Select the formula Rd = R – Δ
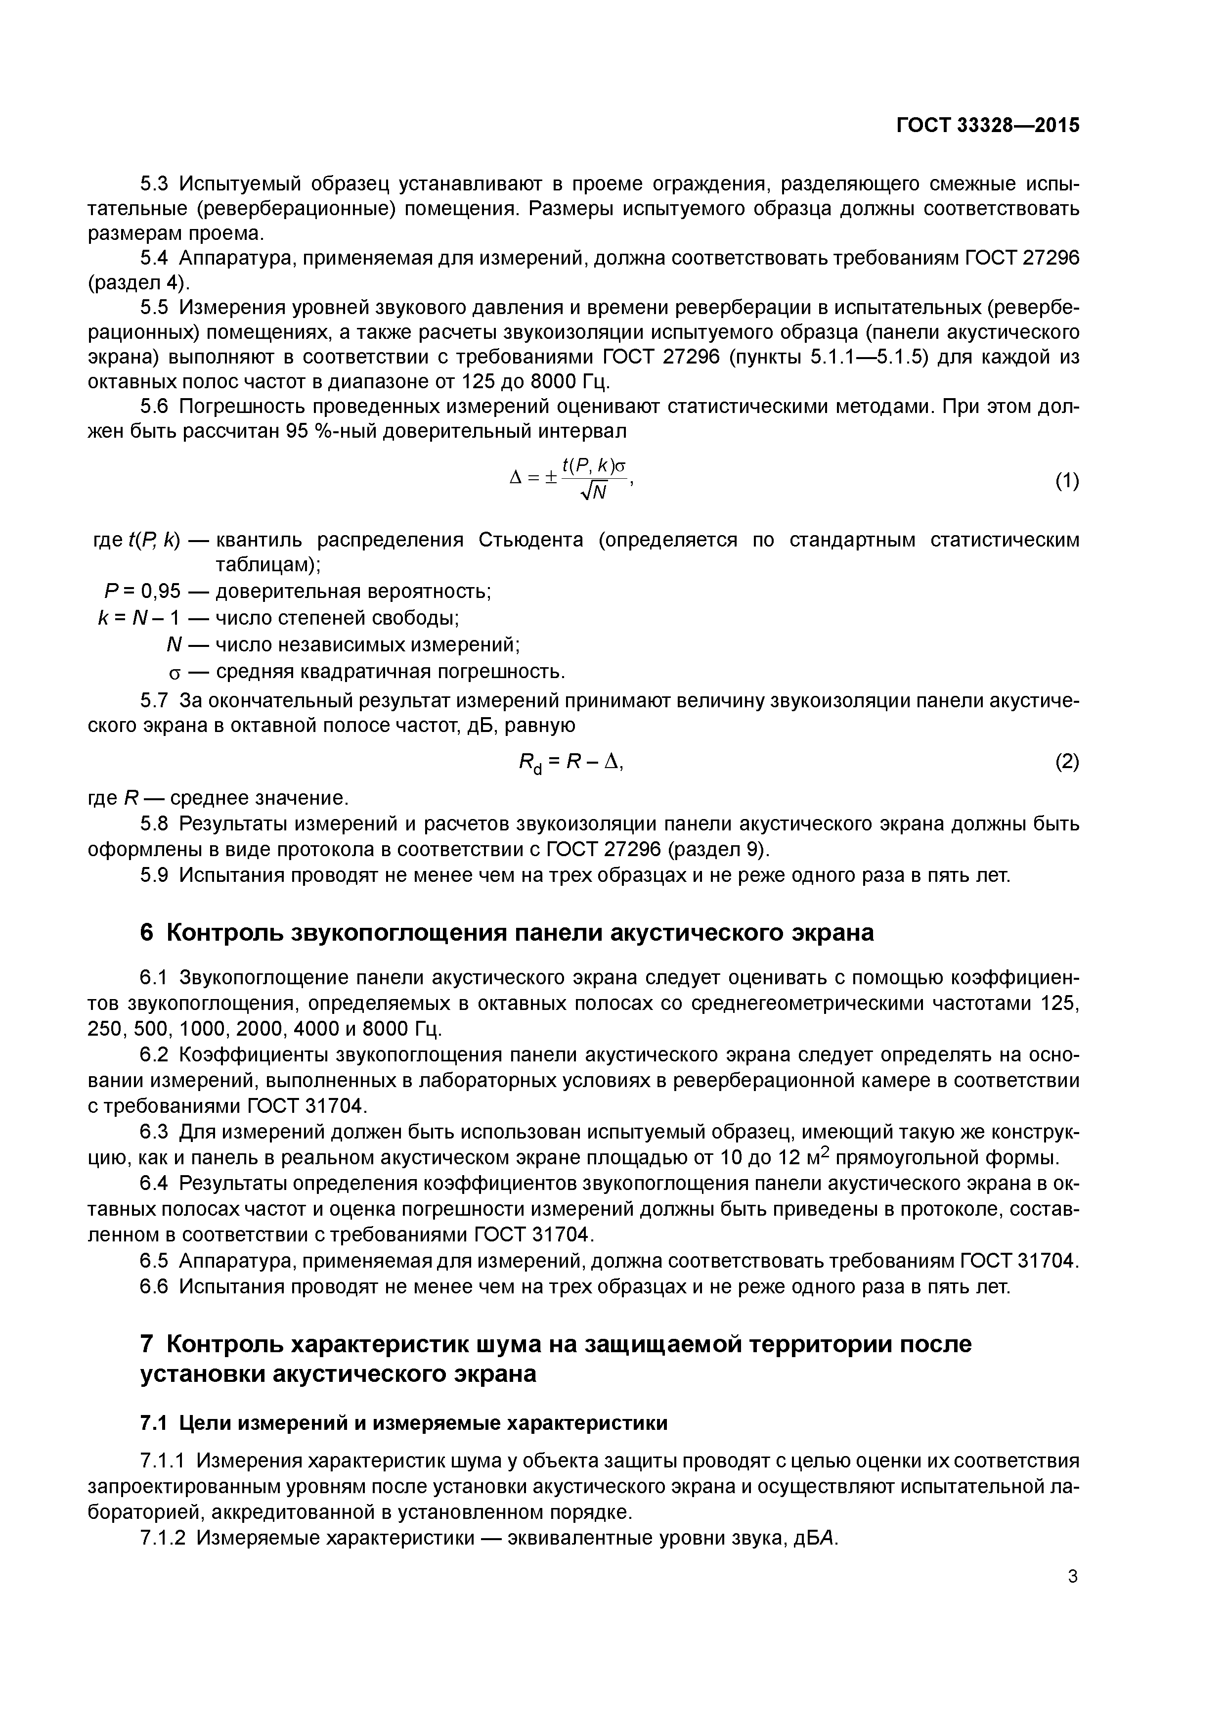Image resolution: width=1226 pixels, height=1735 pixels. pos(570,763)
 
